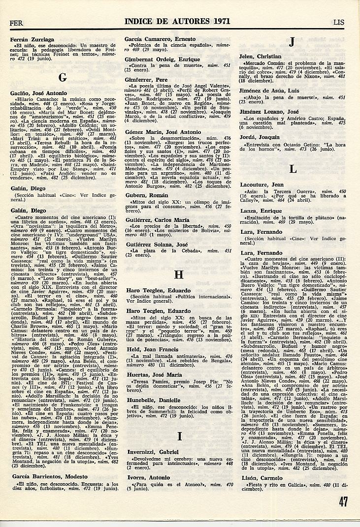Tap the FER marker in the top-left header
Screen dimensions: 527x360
[x=16, y=23]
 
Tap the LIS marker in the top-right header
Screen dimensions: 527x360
[x=339, y=22]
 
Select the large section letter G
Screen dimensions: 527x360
[x=63, y=77]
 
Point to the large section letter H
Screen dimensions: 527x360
[x=179, y=275]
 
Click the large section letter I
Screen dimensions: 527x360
[x=180, y=435]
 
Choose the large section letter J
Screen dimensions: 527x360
[x=292, y=43]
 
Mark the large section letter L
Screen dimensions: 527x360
[x=293, y=169]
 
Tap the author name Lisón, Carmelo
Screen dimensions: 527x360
[x=262, y=478]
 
